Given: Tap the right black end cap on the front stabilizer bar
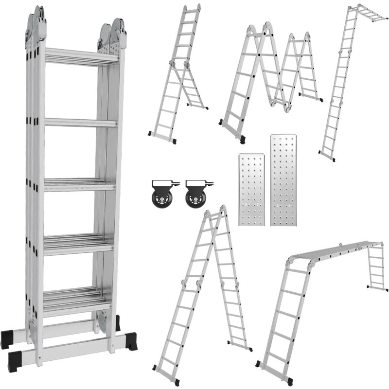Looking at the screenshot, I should coord(132,340).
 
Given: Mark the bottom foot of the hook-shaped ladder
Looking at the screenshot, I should coord(327,156).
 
